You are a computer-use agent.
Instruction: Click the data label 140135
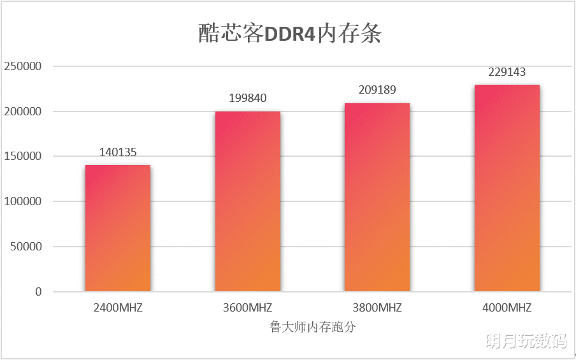[118, 152]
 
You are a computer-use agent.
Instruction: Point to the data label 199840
[248, 98]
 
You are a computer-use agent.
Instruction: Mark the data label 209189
[377, 90]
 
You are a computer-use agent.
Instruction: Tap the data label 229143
[507, 72]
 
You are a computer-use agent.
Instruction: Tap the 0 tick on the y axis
[38, 292]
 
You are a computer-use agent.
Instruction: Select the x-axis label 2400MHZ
[118, 308]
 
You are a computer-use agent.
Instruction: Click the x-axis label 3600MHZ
[248, 308]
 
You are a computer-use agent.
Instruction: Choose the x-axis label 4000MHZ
[507, 308]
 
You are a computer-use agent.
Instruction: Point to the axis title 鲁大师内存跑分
[312, 328]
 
